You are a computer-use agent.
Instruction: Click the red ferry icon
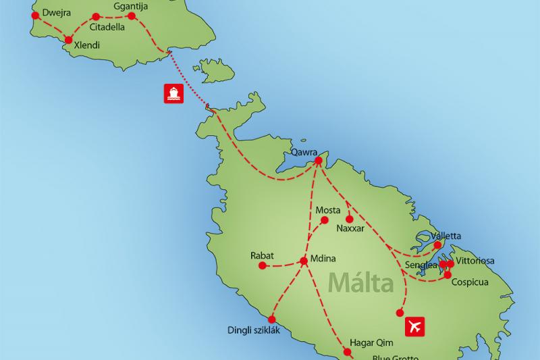tap(173, 93)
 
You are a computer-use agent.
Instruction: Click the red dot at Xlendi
tap(67, 40)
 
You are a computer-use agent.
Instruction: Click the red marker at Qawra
tap(319, 160)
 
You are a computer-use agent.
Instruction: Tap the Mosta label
tap(328, 211)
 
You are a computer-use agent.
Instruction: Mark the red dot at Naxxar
tap(349, 219)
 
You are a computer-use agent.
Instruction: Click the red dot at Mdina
tap(303, 261)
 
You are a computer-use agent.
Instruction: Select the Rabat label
tap(261, 256)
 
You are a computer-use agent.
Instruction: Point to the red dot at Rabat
tap(262, 266)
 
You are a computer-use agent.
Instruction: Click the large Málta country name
tap(361, 282)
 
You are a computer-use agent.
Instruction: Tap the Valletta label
tap(446, 236)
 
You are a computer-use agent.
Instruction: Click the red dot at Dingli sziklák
tap(272, 319)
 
